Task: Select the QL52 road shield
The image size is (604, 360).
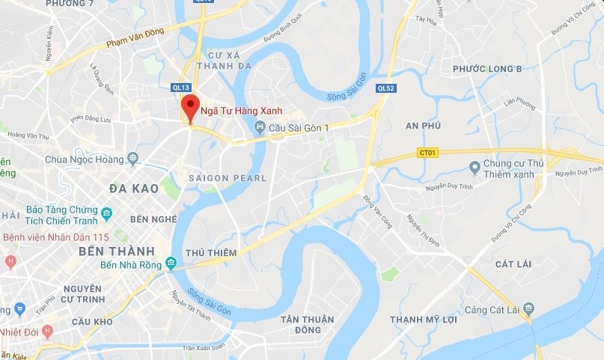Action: click(x=386, y=88)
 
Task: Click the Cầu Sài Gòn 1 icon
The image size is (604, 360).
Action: click(x=260, y=128)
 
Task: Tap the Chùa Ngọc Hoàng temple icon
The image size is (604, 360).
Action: click(x=132, y=159)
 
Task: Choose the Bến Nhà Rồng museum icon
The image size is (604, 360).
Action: click(x=171, y=263)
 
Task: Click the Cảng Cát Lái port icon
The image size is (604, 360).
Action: click(x=529, y=308)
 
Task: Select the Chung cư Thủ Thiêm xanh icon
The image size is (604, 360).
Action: click(x=474, y=165)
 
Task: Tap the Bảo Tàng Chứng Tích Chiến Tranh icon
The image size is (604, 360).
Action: click(x=107, y=214)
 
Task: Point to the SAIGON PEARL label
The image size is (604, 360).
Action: click(x=227, y=178)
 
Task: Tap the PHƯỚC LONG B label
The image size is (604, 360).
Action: click(x=487, y=69)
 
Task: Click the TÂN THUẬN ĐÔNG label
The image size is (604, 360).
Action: click(x=307, y=325)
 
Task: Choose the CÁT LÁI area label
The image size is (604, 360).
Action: click(x=513, y=264)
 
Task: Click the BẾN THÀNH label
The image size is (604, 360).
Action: click(x=116, y=251)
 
